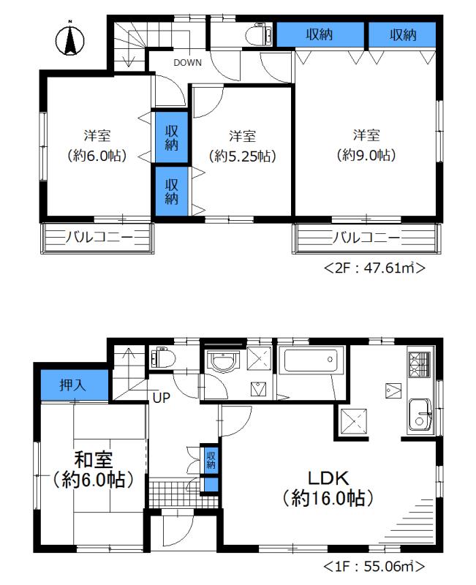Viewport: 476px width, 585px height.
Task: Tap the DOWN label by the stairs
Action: [187, 62]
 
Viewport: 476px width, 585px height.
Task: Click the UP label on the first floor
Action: [163, 398]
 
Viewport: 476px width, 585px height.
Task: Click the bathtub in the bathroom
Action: [310, 363]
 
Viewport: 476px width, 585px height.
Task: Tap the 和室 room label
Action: [92, 461]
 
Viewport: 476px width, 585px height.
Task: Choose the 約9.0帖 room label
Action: [366, 155]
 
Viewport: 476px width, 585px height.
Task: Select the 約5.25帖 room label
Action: [242, 155]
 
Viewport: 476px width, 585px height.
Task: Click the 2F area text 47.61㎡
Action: [374, 269]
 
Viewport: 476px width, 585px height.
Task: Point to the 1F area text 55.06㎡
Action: [374, 565]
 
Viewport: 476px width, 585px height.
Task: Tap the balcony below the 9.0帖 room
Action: [367, 238]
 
